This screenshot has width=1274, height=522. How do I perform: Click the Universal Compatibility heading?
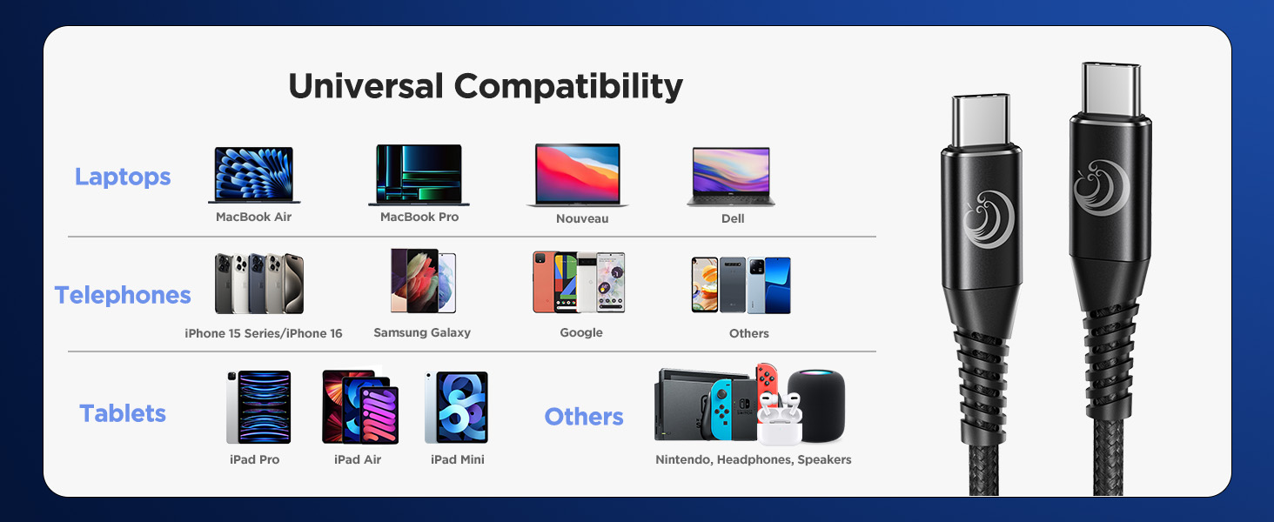coord(485,86)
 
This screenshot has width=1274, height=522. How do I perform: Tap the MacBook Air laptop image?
coord(253,175)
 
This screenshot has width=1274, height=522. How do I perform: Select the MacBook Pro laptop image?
coord(419,175)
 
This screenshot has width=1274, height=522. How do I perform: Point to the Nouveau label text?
coord(582,219)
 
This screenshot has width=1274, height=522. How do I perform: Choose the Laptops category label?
coord(123,177)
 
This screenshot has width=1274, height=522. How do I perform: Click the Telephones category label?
coord(123,296)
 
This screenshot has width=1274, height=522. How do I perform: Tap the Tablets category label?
coord(123,413)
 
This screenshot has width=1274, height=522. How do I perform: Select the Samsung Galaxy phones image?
coord(423,281)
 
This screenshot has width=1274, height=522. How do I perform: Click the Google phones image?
coord(579,283)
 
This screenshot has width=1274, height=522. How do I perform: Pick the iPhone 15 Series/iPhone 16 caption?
coord(264,333)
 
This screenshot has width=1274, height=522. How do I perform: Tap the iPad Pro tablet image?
coord(258,407)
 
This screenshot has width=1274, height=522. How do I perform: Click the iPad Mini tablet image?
coord(456,407)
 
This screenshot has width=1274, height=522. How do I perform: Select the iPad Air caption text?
coord(358,459)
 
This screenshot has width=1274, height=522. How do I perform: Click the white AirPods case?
coord(777,424)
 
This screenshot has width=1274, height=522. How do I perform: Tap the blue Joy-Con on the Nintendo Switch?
coord(722,408)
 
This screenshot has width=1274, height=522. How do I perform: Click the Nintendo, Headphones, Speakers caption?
coord(753,459)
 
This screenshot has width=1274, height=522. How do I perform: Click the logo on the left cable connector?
coord(982,218)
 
